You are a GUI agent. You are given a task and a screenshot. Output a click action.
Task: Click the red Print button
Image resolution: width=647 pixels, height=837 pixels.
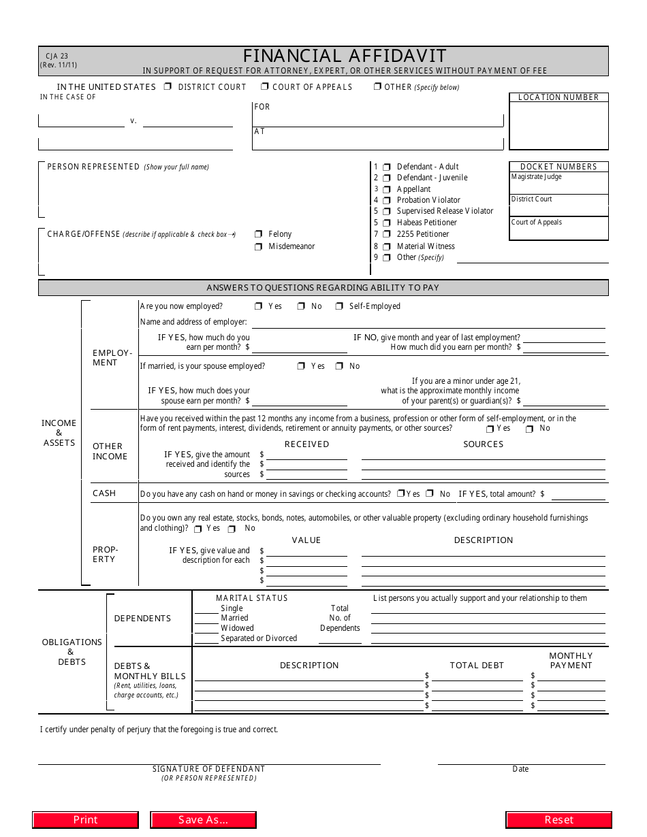pyautogui.click(x=85, y=820)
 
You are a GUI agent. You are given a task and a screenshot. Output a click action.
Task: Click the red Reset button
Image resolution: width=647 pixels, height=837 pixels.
pyautogui.click(x=558, y=820)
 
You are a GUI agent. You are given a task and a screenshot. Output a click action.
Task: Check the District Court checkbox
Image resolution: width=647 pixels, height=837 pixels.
pyautogui.click(x=168, y=87)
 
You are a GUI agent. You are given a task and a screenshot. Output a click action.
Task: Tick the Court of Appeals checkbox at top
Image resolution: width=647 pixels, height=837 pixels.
pyautogui.click(x=264, y=87)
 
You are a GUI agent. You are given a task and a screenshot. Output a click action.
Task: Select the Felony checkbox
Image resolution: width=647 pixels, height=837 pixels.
pyautogui.click(x=258, y=234)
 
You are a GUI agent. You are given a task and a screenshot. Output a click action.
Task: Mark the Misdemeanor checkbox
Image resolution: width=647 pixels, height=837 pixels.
pyautogui.click(x=258, y=246)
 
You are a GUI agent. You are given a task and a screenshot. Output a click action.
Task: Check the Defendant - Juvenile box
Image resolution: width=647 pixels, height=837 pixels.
pyautogui.click(x=386, y=178)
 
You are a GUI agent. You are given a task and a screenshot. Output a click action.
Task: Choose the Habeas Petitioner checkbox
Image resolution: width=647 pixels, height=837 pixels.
pyautogui.click(x=386, y=223)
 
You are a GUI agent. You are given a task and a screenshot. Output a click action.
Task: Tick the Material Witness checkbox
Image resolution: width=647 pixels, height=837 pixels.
pyautogui.click(x=386, y=246)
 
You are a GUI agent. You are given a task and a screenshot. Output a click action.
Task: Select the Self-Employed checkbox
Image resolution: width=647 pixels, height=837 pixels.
pyautogui.click(x=339, y=307)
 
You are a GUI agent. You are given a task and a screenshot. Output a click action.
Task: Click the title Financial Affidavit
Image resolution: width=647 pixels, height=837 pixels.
pyautogui.click(x=345, y=56)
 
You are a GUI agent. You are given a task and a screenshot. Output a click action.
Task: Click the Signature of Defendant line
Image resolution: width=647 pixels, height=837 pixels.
pyautogui.click(x=208, y=759)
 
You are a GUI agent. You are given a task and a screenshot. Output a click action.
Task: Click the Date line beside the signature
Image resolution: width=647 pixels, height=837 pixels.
pyautogui.click(x=521, y=759)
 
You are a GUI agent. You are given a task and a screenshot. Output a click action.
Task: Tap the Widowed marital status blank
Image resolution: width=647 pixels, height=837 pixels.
pyautogui.click(x=206, y=628)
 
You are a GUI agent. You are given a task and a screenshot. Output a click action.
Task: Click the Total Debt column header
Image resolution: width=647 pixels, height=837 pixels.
pyautogui.click(x=477, y=666)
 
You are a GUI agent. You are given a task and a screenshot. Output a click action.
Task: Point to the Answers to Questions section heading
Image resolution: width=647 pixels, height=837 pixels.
pyautogui.click(x=323, y=288)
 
